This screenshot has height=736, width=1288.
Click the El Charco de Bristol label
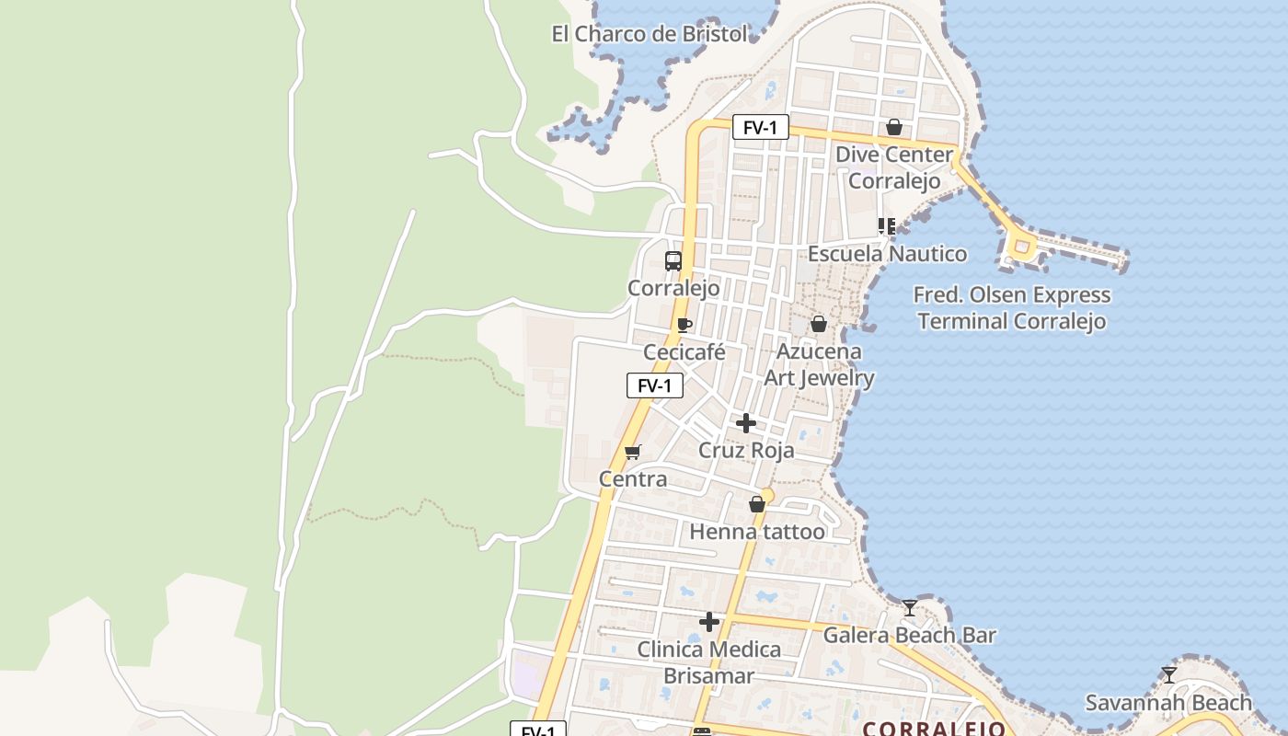pos(650,34)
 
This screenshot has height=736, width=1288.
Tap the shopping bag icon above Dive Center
pos(893,127)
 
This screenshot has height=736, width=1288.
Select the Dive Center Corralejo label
pos(893,167)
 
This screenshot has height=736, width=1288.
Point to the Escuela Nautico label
pos(887,253)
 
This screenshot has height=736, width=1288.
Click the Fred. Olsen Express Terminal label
pos(1011,308)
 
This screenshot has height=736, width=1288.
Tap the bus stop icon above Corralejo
pos(673,260)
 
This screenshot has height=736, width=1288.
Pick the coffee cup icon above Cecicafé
pos(684,325)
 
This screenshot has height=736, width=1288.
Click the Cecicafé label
pos(684,352)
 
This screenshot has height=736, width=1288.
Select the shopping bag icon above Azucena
pos(818,324)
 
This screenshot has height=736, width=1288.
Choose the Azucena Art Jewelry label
pos(819,364)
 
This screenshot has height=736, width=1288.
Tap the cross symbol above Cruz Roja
pos(746,423)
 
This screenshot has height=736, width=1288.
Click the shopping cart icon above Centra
pos(632,452)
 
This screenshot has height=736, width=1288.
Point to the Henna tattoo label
pos(757,532)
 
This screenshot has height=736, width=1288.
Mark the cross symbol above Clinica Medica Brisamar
pos(708,622)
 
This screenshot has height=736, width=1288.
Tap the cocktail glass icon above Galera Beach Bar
pos(909,608)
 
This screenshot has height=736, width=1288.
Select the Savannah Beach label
pos(1168,703)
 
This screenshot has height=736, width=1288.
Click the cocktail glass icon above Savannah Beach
pos(1168,675)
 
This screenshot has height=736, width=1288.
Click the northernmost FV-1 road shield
pos(761,127)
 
